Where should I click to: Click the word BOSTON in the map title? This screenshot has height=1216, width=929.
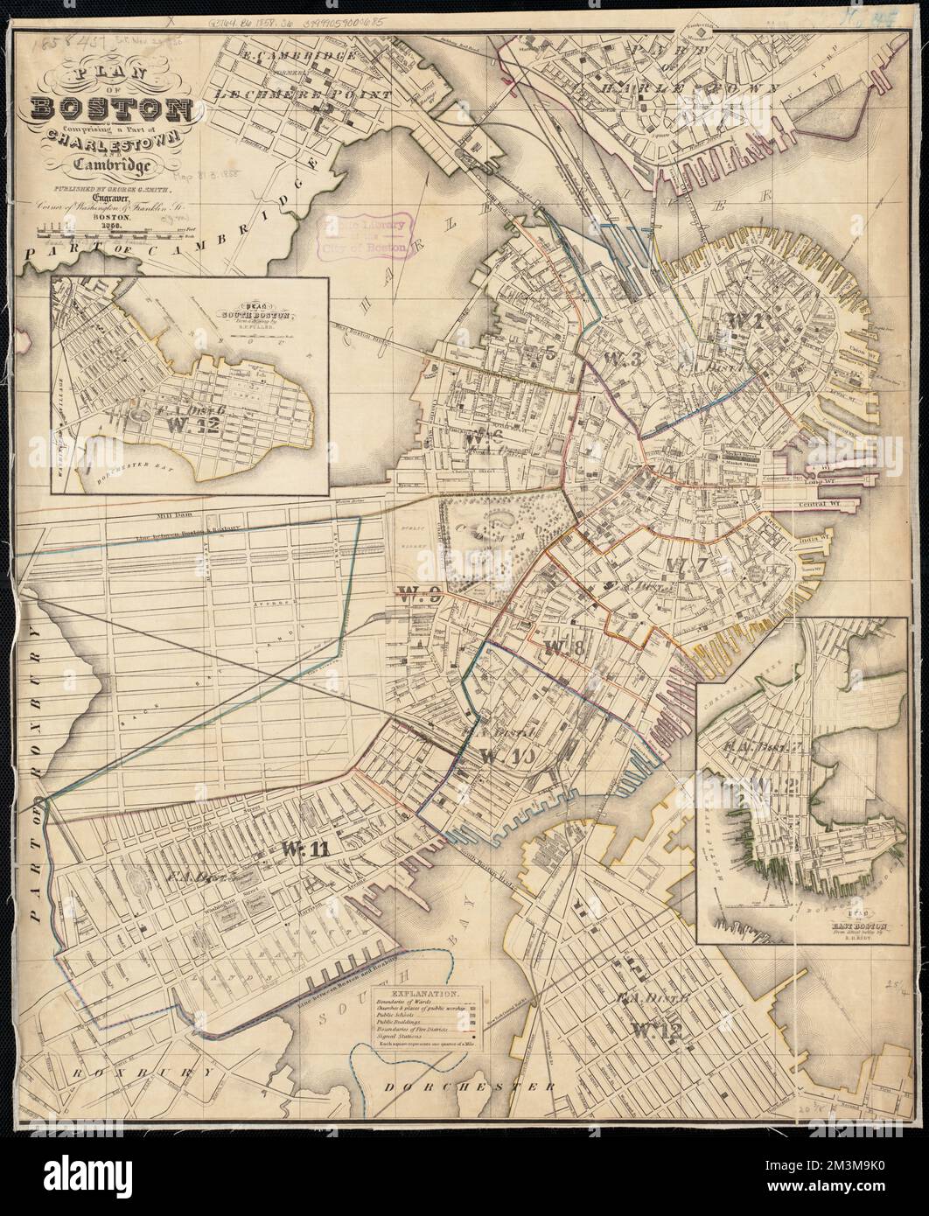(112, 110)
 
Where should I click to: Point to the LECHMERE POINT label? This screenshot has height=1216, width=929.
(276, 91)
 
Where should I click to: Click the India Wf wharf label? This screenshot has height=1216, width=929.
(813, 541)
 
